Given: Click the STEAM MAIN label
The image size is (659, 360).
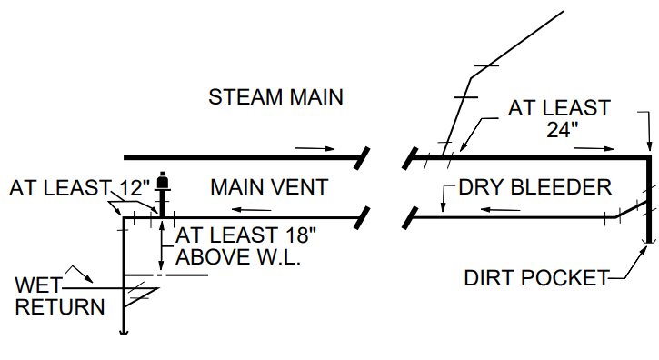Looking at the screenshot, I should pos(275,96).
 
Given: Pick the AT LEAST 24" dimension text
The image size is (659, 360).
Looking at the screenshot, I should pos(558,118).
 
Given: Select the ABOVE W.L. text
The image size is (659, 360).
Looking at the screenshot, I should pos(238,257).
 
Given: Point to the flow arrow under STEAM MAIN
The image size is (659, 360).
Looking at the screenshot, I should pos(316,146).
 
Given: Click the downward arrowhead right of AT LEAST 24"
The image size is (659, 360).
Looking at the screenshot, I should pos(647,144).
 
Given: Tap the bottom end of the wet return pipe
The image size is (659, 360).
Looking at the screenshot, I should pos(124,331).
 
